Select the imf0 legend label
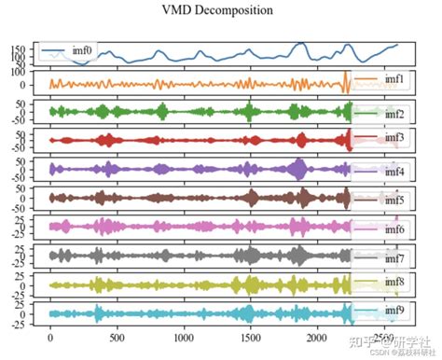pos(83,49)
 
